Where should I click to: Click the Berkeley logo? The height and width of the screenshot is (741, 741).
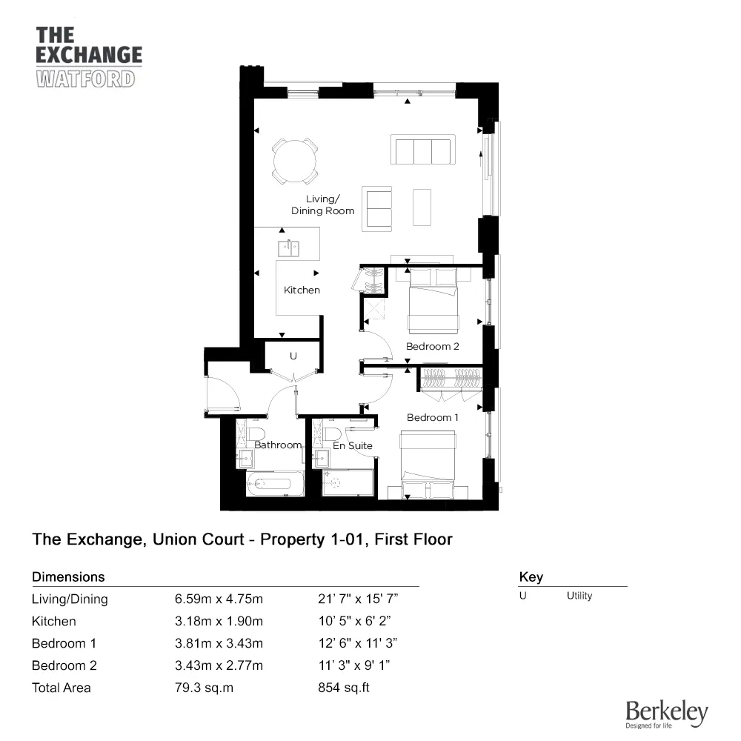pyautogui.click(x=666, y=714)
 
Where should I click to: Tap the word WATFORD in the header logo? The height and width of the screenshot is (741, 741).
pyautogui.click(x=85, y=79)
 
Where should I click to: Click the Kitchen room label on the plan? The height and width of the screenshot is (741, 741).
pyautogui.click(x=302, y=290)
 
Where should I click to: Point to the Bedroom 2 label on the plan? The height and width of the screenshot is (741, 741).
pyautogui.click(x=433, y=346)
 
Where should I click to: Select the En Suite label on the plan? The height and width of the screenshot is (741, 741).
pyautogui.click(x=352, y=445)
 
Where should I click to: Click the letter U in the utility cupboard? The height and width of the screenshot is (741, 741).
pyautogui.click(x=293, y=356)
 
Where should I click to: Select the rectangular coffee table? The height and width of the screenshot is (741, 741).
pyautogui.click(x=422, y=207)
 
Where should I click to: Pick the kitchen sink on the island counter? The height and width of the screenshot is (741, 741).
pyautogui.click(x=288, y=247)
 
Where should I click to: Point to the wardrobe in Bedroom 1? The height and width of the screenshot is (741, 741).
pyautogui.click(x=451, y=378)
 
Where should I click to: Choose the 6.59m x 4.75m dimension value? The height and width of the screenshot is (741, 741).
pyautogui.click(x=219, y=599)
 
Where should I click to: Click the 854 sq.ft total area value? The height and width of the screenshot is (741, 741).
pyautogui.click(x=343, y=688)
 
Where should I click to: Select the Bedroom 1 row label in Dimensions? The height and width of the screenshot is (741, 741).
pyautogui.click(x=64, y=643)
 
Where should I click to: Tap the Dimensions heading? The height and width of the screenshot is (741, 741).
pyautogui.click(x=68, y=576)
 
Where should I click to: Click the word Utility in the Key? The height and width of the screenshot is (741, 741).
pyautogui.click(x=579, y=596)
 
